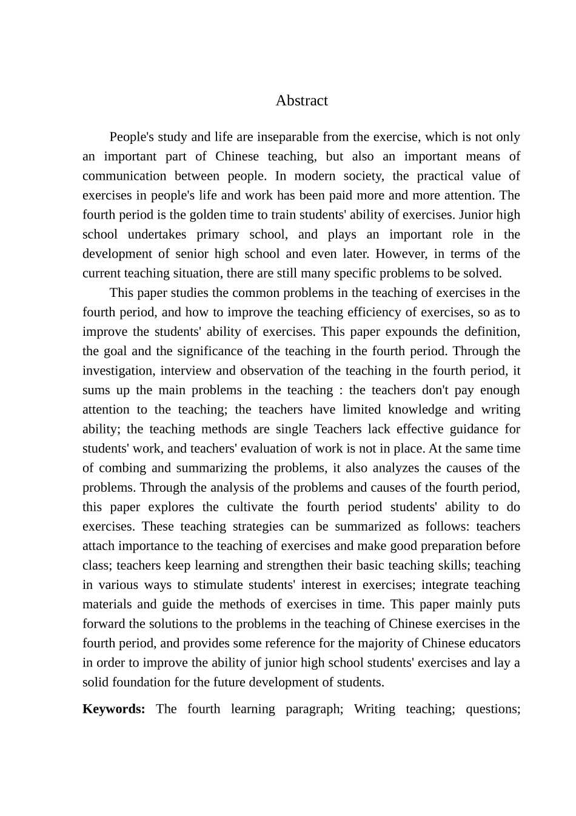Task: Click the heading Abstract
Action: (x=301, y=101)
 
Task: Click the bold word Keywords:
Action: (x=113, y=709)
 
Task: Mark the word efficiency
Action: (x=372, y=312)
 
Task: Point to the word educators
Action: (x=494, y=643)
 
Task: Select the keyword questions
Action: (x=492, y=709)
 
